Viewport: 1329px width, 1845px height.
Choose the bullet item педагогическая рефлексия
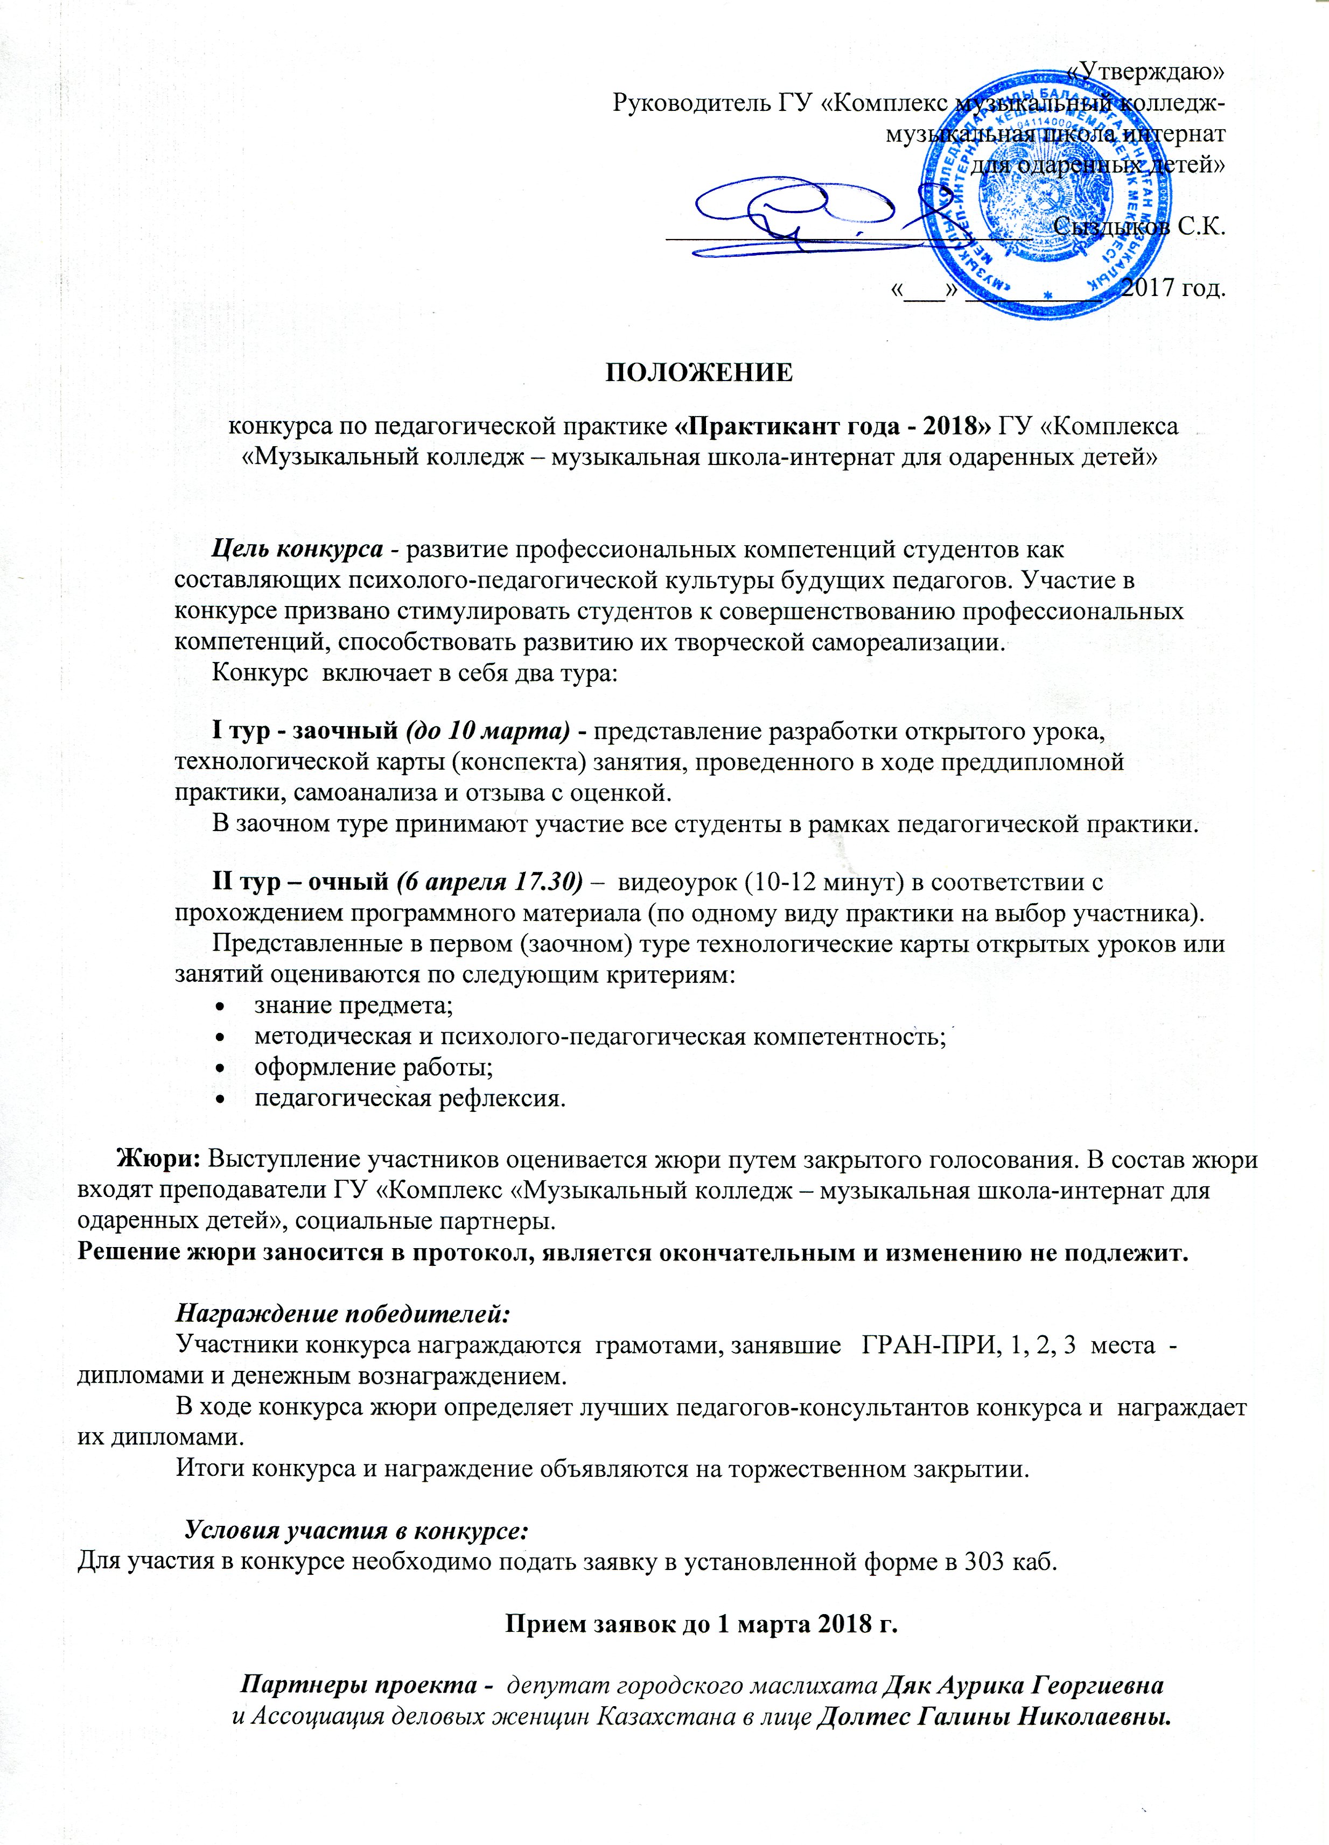[x=409, y=1098]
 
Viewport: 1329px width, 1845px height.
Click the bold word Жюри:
[x=160, y=1158]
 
